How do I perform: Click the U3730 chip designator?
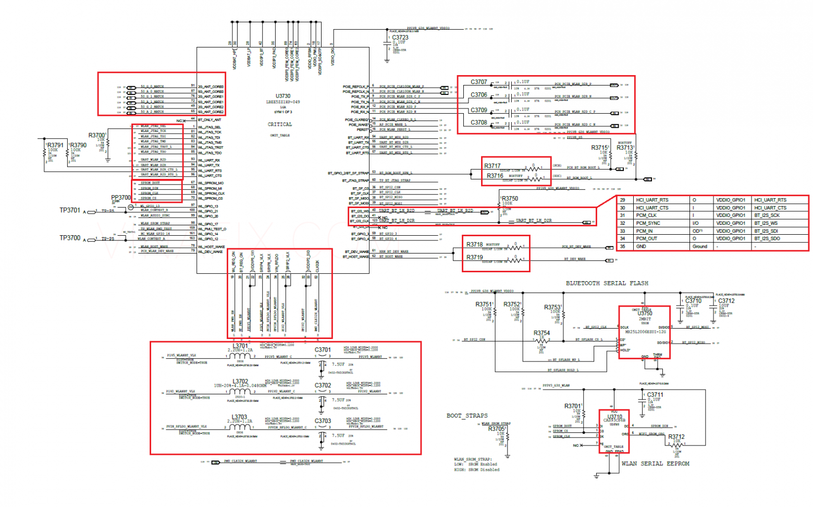click(283, 96)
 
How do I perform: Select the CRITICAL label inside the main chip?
click(280, 125)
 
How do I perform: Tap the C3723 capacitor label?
click(400, 38)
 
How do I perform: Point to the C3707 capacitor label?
click(479, 82)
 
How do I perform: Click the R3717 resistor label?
click(492, 166)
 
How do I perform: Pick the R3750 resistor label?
click(509, 198)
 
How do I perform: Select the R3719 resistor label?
click(475, 257)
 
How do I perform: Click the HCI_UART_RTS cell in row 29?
click(652, 200)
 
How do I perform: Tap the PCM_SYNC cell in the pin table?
click(648, 223)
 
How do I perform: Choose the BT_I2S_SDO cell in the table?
click(768, 238)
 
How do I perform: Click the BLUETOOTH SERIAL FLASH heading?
click(607, 283)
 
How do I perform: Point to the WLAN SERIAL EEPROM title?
click(655, 463)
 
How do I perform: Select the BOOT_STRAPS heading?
click(467, 416)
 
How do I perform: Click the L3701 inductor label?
click(240, 346)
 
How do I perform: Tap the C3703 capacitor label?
click(323, 421)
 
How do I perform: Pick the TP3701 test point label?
click(70, 210)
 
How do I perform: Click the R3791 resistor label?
click(55, 146)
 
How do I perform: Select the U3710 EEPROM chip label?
click(615, 417)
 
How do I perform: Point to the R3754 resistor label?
click(541, 333)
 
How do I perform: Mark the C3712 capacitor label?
click(726, 301)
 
